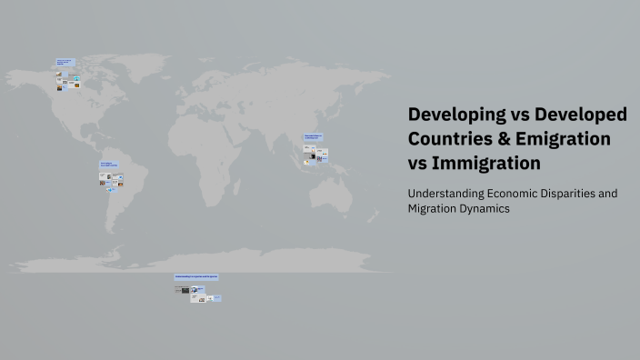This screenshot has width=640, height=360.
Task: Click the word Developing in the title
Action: tap(455, 115)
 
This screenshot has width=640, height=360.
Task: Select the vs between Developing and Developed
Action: tap(517, 115)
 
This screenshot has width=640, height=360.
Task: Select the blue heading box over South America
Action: tap(108, 165)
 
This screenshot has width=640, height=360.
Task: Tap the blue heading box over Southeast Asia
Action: tap(314, 138)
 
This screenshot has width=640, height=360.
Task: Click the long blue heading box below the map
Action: tap(196, 276)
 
